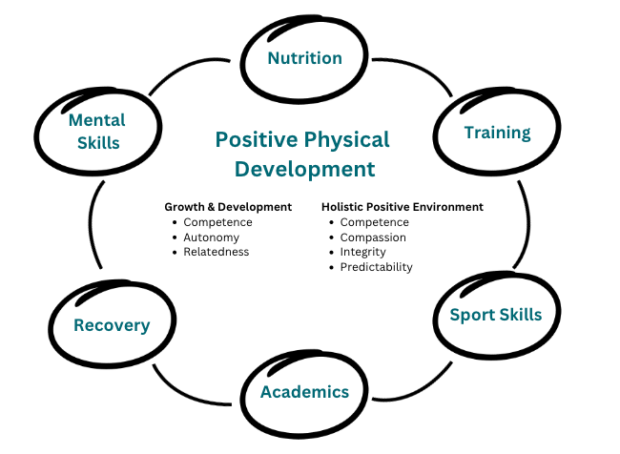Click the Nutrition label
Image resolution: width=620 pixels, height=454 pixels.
[x=304, y=58]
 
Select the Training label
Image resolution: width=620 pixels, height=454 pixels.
[x=497, y=133]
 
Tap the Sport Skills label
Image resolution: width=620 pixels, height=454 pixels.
[x=496, y=315]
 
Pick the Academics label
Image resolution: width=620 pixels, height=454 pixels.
[x=304, y=392]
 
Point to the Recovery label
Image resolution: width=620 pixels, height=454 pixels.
[x=112, y=325]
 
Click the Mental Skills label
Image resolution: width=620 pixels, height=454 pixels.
[x=97, y=132]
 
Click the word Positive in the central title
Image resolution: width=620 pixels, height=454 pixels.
[x=257, y=139]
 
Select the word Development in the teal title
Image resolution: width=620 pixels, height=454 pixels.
[x=304, y=169]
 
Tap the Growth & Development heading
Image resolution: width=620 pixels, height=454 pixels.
[x=228, y=207]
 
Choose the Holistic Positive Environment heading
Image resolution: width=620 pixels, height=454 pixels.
[x=403, y=207]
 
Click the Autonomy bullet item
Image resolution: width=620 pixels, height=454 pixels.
[x=211, y=237]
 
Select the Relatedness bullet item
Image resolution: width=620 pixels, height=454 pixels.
[x=216, y=252]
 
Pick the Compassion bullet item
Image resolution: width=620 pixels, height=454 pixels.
[x=373, y=237]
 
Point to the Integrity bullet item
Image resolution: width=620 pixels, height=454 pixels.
[x=362, y=253]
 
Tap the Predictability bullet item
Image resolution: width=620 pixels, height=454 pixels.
[x=376, y=267]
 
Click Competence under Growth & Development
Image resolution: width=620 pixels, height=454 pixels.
[x=217, y=222]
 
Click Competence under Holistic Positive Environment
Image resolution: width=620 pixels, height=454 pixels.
[x=374, y=222]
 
